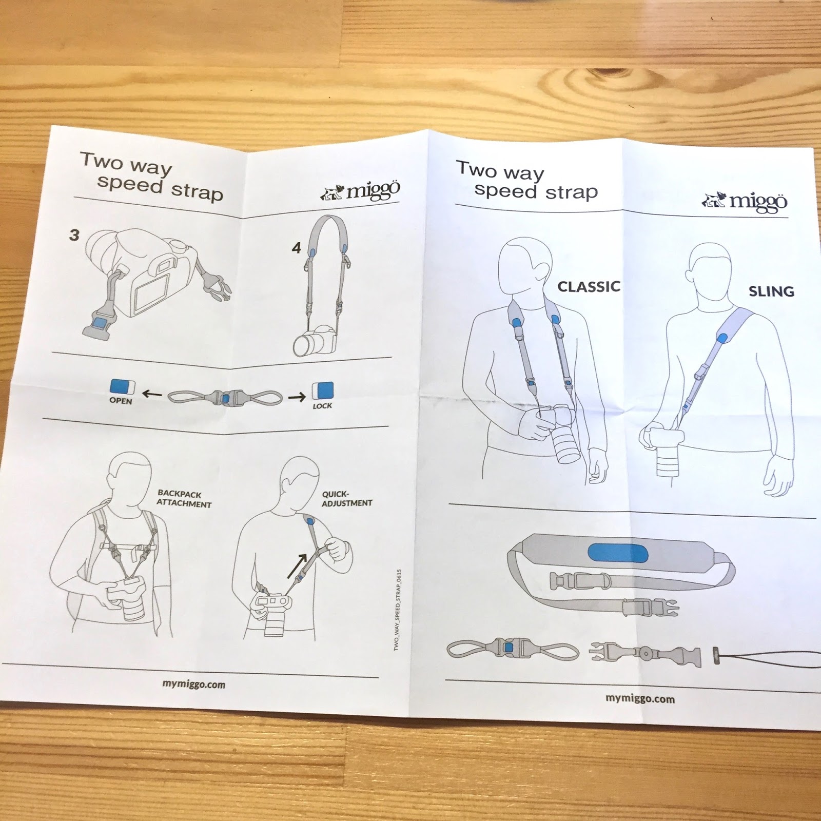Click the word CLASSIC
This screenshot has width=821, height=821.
(589, 286)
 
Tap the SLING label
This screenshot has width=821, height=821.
(771, 291)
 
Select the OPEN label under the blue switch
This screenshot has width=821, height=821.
(121, 401)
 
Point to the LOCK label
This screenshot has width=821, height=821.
(322, 406)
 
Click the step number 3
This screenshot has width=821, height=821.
(74, 235)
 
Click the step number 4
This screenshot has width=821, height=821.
(296, 248)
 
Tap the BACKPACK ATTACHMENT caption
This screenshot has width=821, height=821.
(184, 499)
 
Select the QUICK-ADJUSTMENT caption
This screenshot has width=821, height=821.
(347, 499)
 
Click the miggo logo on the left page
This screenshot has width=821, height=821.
(360, 191)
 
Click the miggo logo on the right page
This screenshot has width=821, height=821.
(745, 201)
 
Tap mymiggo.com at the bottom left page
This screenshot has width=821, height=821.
(193, 684)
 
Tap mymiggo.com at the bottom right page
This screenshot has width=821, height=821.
(640, 698)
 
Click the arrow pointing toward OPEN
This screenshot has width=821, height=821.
(152, 394)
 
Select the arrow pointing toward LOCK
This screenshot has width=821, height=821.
(297, 397)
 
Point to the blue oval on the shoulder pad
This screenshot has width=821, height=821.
(617, 553)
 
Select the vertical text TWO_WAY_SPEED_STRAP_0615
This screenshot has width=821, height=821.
(398, 610)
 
